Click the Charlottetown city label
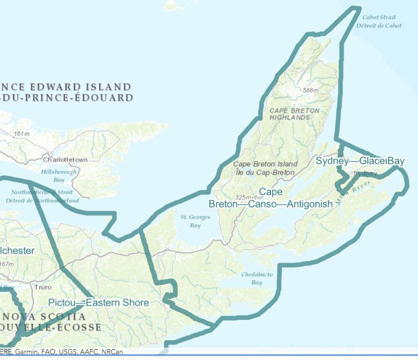(65, 160)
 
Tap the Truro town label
(42, 287)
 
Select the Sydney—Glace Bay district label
(360, 161)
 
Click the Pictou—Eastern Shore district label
(98, 303)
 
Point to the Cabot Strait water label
(379, 17)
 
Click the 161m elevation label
(21, 134)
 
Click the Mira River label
(352, 194)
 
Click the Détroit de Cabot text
(379, 26)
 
